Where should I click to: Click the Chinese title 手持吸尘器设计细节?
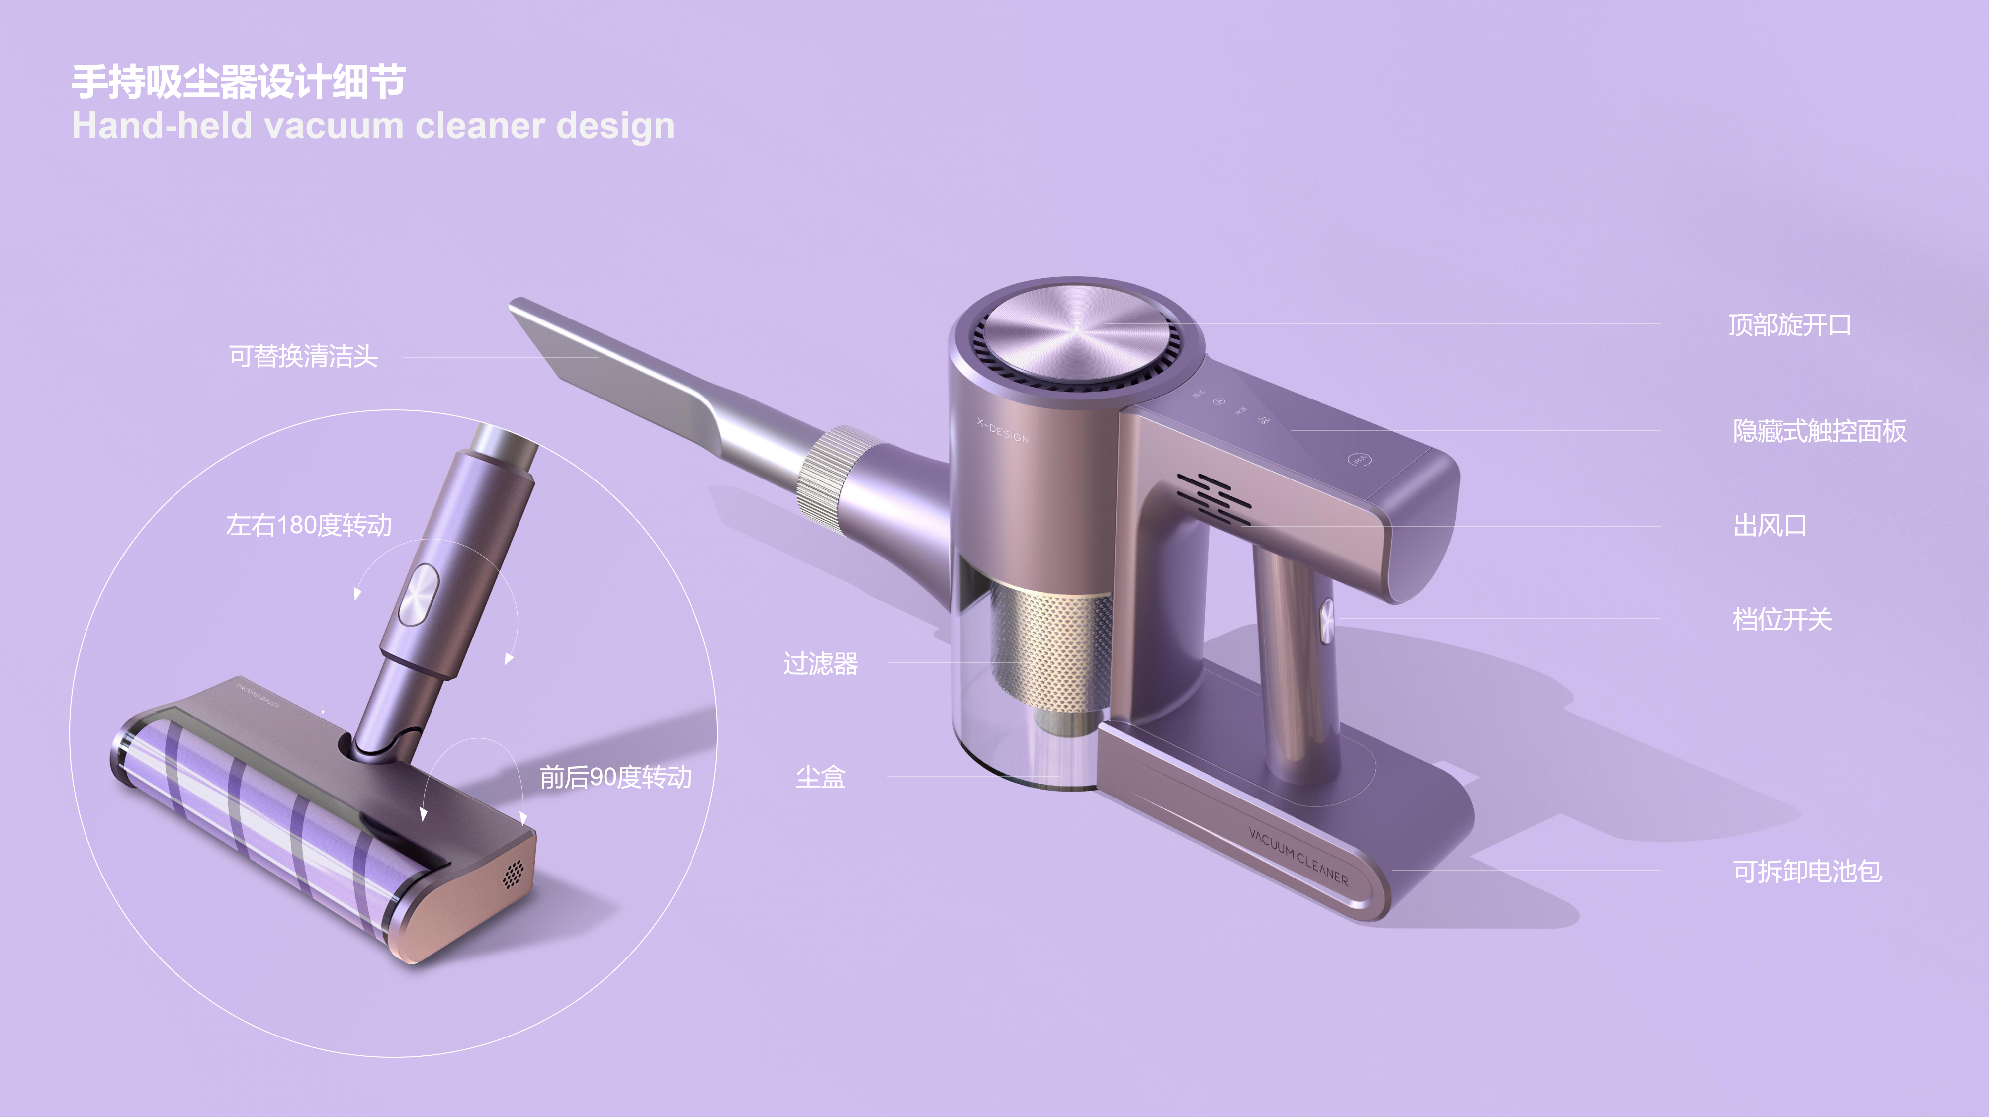coord(239,82)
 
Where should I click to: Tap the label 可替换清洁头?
coord(303,357)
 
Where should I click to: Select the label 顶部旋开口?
coord(1789,325)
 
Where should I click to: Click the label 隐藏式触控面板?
coord(1819,431)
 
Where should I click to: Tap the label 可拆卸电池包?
coord(1807,872)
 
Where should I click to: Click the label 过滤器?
coord(820,664)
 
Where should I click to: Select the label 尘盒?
coord(820,777)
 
